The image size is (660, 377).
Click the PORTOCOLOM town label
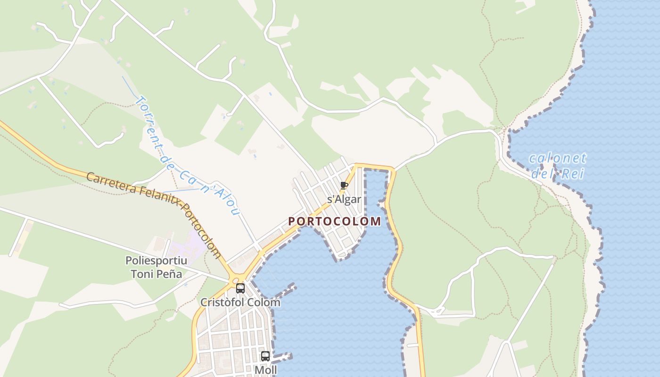[334, 221]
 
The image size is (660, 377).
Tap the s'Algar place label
[344, 199]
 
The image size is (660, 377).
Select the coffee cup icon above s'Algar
[343, 186]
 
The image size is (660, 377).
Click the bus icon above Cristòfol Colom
[240, 288]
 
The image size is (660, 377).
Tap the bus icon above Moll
[265, 356]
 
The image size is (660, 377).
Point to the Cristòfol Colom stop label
[240, 302]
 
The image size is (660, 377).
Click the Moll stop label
[265, 370]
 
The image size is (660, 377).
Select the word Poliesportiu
[156, 261]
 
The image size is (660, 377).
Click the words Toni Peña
[156, 274]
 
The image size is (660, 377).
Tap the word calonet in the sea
[558, 158]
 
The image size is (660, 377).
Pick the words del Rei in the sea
[558, 173]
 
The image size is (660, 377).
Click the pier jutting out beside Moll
[283, 356]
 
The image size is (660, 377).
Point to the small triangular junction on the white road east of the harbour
[438, 311]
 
